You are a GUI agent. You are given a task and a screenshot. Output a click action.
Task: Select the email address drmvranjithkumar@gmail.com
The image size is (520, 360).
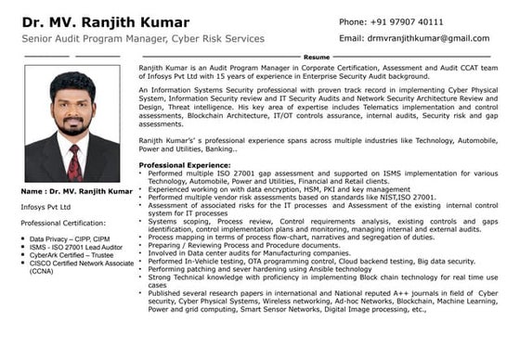414,38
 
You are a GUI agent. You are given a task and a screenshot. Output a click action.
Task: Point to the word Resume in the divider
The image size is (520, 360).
316,58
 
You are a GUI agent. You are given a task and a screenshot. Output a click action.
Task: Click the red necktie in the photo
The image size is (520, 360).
74,163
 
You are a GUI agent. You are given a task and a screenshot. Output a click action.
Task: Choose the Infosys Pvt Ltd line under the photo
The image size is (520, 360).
46,207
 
